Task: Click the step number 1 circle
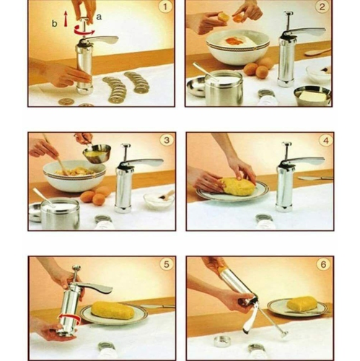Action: (164, 9)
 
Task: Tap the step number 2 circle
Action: (322, 9)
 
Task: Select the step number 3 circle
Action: (164, 141)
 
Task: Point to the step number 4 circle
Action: (322, 141)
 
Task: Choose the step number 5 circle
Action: (164, 264)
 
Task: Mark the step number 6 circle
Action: (322, 264)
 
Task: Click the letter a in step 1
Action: (99, 14)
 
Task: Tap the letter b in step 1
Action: (54, 23)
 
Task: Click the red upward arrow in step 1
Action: (66, 20)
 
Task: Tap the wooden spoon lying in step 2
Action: (317, 52)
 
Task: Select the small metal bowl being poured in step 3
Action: (97, 152)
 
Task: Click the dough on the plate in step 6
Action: (302, 304)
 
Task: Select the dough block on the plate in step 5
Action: (113, 310)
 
